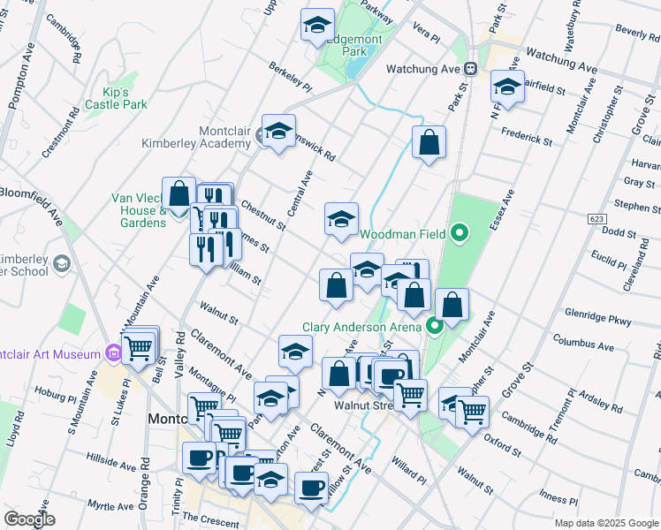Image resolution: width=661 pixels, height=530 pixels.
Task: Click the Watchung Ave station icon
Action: (x=472, y=68)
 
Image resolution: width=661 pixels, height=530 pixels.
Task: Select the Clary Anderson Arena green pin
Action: (x=434, y=327)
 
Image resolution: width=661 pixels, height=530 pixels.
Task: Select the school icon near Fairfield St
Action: (x=507, y=87)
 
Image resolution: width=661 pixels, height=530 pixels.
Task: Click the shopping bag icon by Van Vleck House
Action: (x=179, y=193)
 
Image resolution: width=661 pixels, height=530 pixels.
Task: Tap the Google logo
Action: (x=29, y=519)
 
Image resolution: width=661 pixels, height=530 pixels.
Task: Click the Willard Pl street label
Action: (x=412, y=469)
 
